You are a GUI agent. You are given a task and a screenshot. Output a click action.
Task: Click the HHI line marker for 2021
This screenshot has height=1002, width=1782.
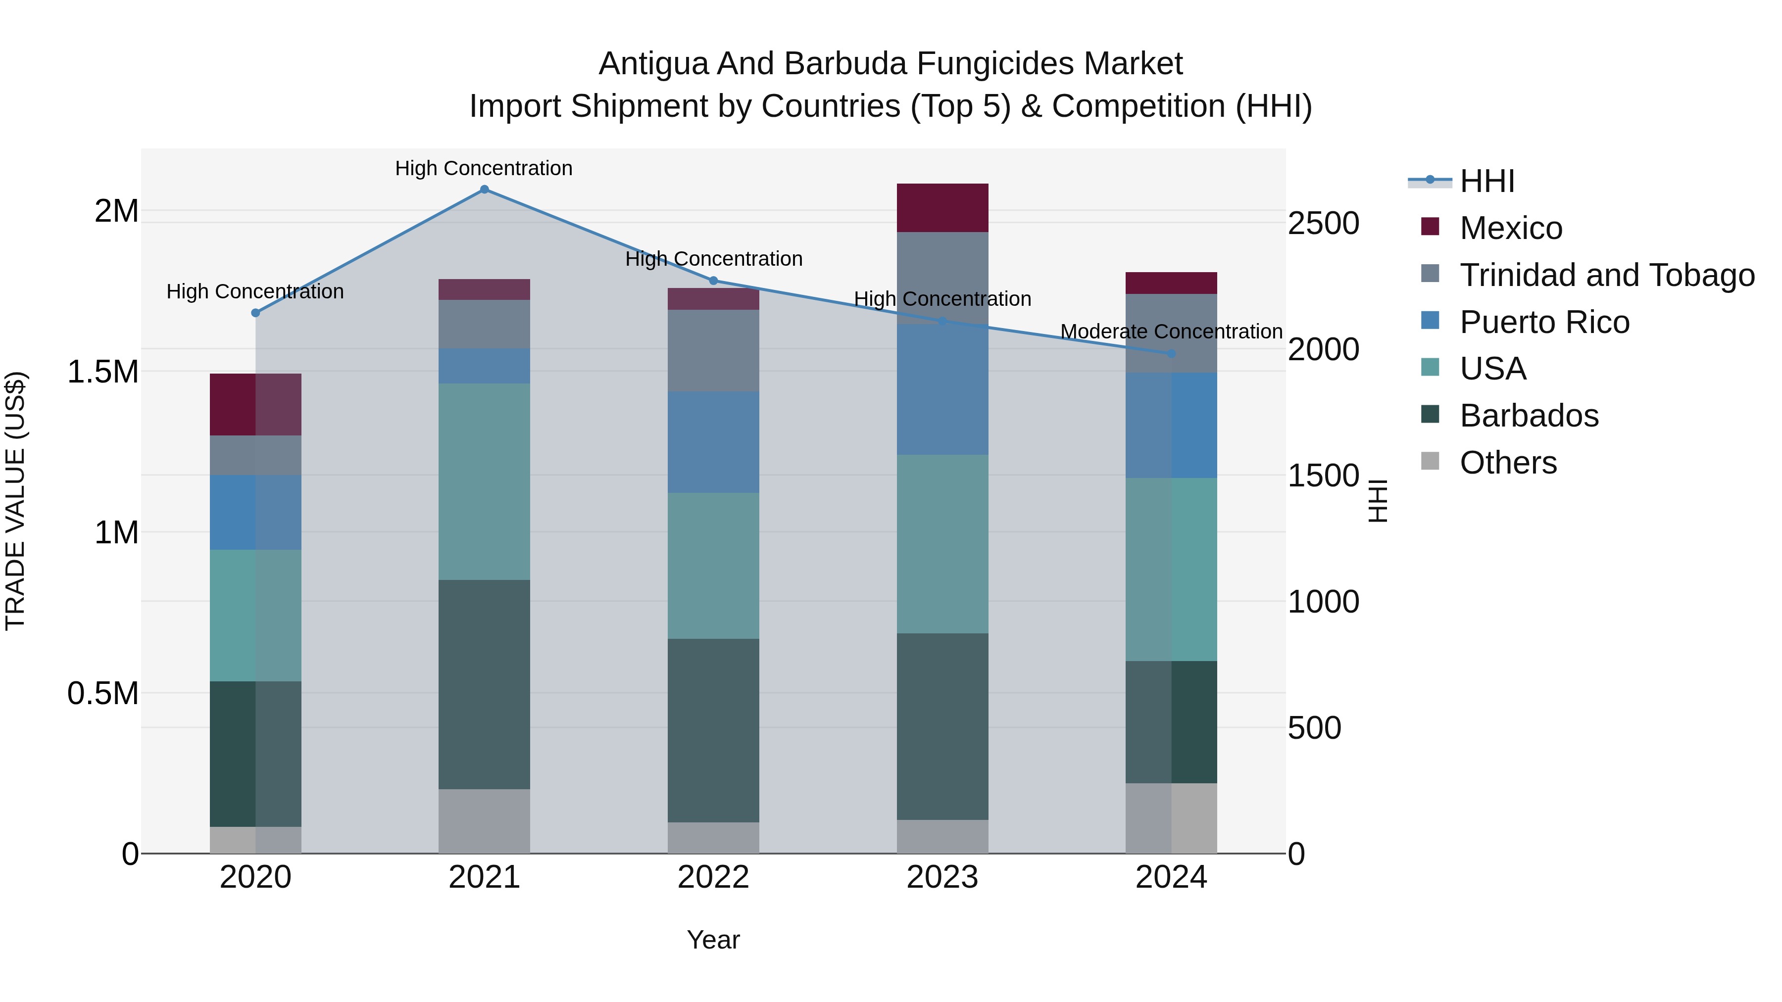pos(484,190)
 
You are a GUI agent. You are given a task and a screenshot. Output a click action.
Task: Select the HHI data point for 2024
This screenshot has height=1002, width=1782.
pos(1171,353)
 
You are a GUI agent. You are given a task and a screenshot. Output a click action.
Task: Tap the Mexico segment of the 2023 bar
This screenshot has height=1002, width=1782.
pos(942,207)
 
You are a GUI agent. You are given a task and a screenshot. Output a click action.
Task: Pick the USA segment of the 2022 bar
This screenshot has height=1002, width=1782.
pos(713,565)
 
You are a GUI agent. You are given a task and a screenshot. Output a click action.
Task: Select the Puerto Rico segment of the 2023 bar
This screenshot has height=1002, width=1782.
pos(942,389)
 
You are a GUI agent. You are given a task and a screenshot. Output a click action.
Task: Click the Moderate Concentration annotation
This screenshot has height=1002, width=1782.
pos(1171,332)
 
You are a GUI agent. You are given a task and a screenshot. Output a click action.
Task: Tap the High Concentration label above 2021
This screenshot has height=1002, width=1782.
pos(484,169)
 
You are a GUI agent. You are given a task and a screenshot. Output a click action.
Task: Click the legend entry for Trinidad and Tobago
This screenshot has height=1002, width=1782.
pos(1606,275)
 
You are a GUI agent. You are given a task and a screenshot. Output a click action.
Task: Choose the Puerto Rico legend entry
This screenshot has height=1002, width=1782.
pos(1544,322)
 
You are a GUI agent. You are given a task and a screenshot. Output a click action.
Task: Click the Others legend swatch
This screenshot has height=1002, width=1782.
pos(1430,461)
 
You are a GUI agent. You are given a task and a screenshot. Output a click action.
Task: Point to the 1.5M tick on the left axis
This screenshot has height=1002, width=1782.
pos(102,372)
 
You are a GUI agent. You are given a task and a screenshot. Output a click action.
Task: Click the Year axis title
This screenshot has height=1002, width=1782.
pos(713,940)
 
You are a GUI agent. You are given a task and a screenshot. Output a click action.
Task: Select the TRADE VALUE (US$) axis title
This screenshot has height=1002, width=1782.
pos(15,501)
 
